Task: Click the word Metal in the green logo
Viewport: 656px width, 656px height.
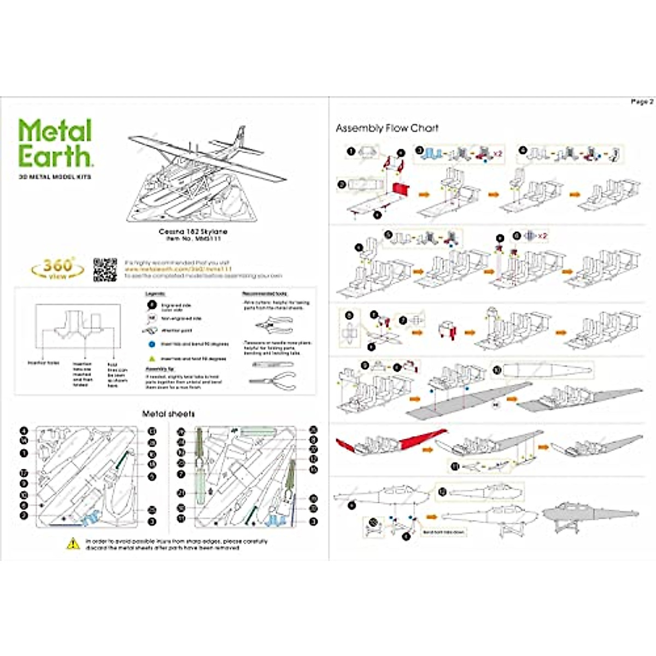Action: click(55, 131)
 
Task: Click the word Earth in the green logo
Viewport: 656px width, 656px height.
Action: click(55, 156)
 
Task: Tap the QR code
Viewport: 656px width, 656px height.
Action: click(105, 270)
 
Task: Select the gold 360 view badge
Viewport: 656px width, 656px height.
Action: click(57, 268)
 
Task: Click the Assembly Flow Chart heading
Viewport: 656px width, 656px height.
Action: click(387, 128)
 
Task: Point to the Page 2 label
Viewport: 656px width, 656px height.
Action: click(641, 102)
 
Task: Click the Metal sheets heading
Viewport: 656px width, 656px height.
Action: click(168, 414)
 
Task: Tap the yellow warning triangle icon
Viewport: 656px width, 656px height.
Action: click(73, 544)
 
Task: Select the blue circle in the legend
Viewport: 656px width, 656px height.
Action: click(152, 344)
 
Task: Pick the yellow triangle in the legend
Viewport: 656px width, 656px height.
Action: click(152, 359)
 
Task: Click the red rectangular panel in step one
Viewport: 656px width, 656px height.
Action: click(401, 189)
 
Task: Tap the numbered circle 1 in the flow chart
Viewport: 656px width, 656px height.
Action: click(352, 151)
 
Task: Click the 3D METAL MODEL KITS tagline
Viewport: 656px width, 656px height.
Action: click(55, 177)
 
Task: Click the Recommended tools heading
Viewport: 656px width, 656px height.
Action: click(265, 294)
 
